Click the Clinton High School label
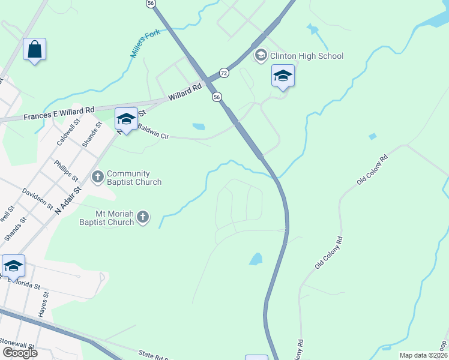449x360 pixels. click(x=307, y=56)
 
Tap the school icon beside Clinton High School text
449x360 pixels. click(x=261, y=56)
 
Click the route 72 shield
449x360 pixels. click(x=224, y=72)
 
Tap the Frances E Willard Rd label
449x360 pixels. click(x=59, y=112)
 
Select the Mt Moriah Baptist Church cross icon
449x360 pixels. click(x=143, y=217)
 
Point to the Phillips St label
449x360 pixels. click(x=66, y=170)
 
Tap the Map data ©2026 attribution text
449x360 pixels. click(x=423, y=355)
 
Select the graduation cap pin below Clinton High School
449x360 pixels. click(x=283, y=76)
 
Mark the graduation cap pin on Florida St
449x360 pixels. click(x=13, y=266)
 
